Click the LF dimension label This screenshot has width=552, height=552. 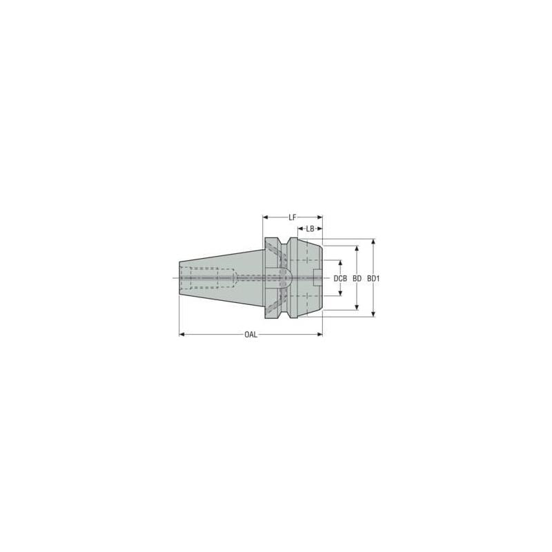293,217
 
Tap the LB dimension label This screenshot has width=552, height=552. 311,228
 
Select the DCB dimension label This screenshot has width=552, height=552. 339,279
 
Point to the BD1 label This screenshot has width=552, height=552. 373,279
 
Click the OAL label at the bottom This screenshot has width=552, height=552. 250,335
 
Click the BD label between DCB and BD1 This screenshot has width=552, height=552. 357,279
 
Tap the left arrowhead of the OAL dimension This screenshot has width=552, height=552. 182,335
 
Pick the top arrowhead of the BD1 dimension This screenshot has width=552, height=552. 373,242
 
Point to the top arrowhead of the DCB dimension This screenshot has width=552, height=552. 339,263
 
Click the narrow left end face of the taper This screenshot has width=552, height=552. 180,279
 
